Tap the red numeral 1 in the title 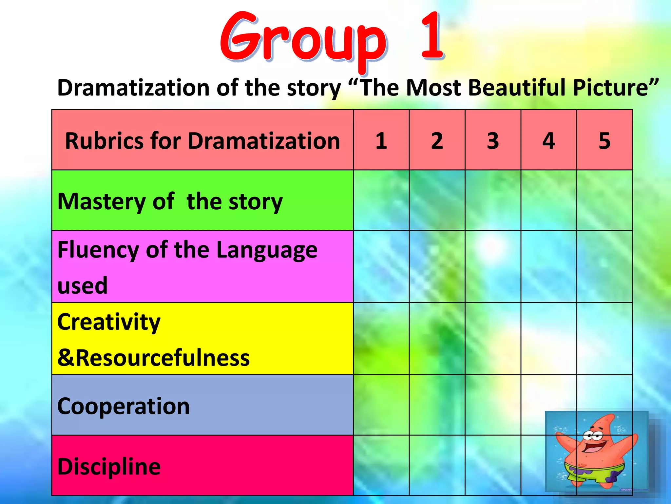[432, 36]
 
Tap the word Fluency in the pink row [98, 250]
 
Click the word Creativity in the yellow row [109, 322]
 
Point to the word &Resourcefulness [153, 357]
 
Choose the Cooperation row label [123, 406]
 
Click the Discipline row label [109, 466]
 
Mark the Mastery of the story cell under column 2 [437, 200]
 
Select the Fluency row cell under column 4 [548, 266]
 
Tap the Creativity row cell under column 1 [381, 339]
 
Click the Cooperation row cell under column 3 [493, 405]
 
